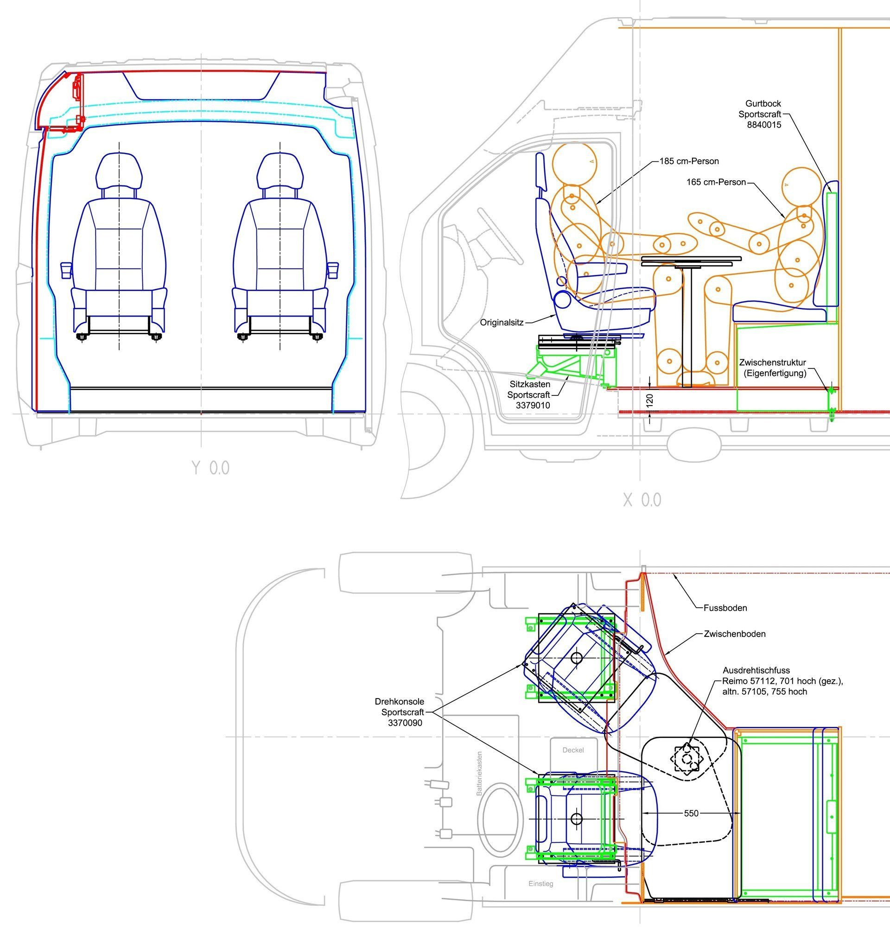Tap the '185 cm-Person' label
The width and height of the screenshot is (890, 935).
coord(689,161)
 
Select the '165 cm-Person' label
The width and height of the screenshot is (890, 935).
coord(716,182)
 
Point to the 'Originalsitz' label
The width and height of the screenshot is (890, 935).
coord(502,323)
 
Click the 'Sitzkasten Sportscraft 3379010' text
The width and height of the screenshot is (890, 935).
coord(529,394)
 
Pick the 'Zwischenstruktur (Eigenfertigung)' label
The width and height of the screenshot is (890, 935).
coord(772,368)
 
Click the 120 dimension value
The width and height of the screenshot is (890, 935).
coord(650,400)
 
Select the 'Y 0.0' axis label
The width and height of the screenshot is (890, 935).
coord(210,468)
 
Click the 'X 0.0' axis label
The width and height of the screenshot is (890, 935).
coord(642,500)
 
